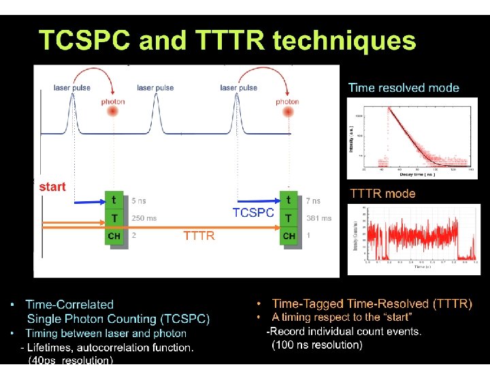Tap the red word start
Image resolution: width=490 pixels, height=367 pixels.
click(x=52, y=186)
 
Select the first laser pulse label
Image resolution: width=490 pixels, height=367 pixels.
click(x=72, y=88)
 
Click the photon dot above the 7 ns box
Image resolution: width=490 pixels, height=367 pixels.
click(x=287, y=113)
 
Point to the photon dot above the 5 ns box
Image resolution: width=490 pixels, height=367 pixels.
click(x=113, y=113)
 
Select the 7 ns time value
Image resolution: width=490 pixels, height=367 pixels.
click(x=312, y=201)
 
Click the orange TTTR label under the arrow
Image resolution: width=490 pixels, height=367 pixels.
click(x=199, y=236)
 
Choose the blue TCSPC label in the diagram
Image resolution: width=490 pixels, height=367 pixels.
click(x=253, y=213)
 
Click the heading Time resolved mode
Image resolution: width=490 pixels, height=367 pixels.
click(x=404, y=88)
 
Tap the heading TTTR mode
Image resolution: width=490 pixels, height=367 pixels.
click(x=382, y=194)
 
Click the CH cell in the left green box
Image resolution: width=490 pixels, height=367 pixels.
click(x=114, y=236)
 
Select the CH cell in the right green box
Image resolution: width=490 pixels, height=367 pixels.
click(x=289, y=236)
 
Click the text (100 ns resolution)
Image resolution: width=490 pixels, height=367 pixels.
click(x=317, y=345)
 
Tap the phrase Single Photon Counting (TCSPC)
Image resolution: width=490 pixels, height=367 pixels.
click(x=118, y=318)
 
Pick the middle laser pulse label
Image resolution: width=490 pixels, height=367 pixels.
click(x=155, y=88)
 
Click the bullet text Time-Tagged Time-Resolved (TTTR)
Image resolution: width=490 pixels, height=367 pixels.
click(x=372, y=304)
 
